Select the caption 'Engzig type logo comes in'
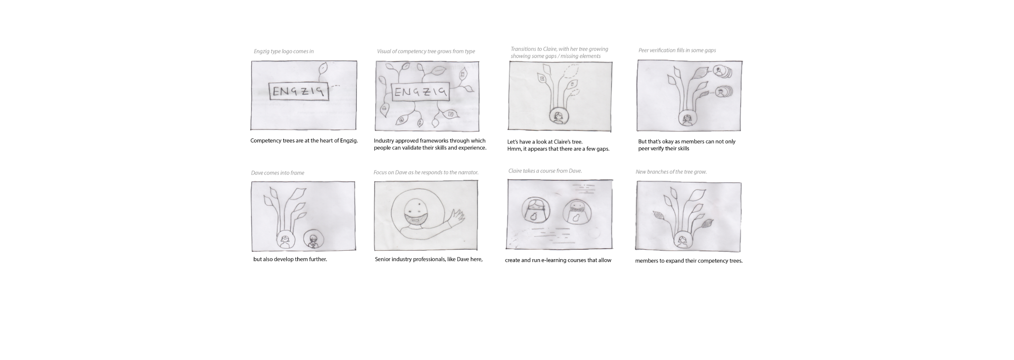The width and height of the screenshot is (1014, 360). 283,51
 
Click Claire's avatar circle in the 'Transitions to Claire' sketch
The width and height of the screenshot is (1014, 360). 558,117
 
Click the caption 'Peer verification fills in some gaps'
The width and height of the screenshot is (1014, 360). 677,50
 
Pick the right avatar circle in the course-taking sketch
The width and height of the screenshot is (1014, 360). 576,211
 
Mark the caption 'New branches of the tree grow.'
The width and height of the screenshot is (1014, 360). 671,172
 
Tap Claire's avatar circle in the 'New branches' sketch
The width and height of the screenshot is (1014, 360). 683,241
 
